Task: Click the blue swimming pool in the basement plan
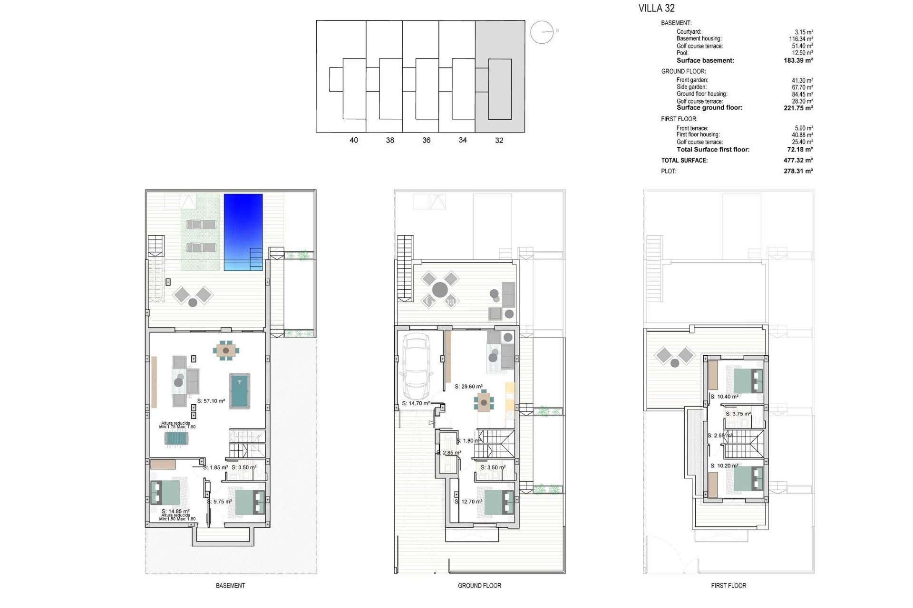click(x=243, y=232)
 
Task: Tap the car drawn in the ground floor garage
click(x=416, y=366)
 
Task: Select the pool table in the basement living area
click(x=240, y=391)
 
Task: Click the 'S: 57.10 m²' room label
click(x=211, y=401)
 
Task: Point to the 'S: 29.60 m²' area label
click(x=468, y=387)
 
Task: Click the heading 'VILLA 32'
click(x=656, y=8)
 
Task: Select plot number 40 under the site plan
click(x=353, y=140)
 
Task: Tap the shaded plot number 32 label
click(x=499, y=140)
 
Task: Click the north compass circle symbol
click(x=542, y=32)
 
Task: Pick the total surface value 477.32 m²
click(x=798, y=161)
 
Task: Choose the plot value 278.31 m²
click(x=798, y=171)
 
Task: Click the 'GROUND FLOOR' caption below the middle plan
click(x=479, y=586)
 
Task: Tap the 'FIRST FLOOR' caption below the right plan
click(x=728, y=586)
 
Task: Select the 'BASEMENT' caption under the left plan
click(x=230, y=586)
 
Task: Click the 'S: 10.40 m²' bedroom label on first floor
click(x=724, y=397)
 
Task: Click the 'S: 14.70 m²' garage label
click(x=416, y=403)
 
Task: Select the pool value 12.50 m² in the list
click(x=802, y=53)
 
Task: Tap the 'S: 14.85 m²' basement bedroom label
click(x=175, y=512)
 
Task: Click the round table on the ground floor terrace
click(x=440, y=289)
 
